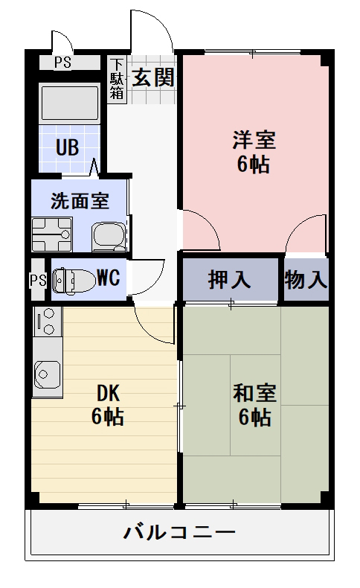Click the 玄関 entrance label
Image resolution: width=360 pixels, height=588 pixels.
tap(154, 77)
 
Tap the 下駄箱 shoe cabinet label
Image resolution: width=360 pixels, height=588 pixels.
tap(117, 79)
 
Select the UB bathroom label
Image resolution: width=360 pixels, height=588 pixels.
tap(67, 147)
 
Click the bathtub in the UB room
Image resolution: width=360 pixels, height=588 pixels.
tap(68, 103)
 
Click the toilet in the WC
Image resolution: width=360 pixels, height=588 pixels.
tap(74, 280)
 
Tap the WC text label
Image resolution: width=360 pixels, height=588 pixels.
tap(109, 279)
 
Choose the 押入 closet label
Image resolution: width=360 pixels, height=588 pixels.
tap(230, 280)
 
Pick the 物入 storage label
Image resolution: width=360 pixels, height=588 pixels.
tap(306, 280)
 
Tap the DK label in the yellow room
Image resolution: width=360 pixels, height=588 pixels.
tap(108, 392)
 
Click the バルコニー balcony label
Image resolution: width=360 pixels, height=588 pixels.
tap(179, 533)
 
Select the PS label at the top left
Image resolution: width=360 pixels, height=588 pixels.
tap(62, 63)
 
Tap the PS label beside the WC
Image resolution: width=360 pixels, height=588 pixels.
tap(37, 280)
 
